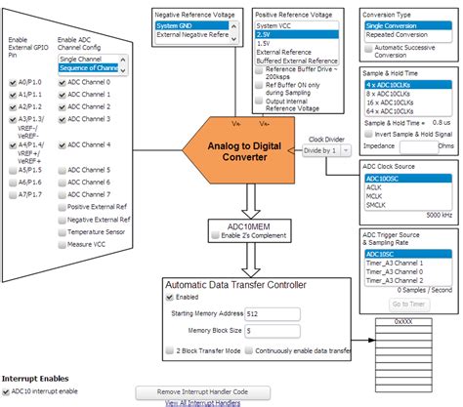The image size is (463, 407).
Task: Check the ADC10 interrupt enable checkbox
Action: (x=7, y=391)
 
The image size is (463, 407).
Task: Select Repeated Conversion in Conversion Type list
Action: (x=400, y=35)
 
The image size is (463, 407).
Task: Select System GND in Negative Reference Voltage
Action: (x=181, y=25)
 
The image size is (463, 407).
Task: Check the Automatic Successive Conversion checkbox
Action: (x=367, y=47)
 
